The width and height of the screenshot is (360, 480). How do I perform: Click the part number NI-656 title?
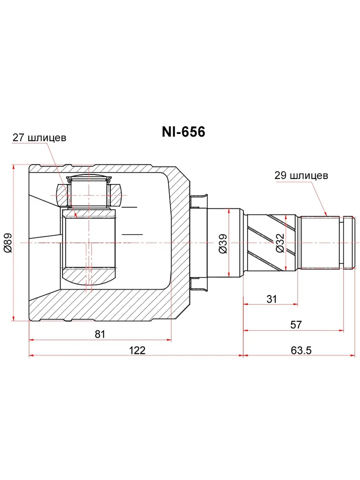tap(183, 132)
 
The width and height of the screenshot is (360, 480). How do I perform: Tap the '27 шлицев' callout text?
tap(39, 138)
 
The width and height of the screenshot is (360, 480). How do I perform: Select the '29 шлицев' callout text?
tap(301, 175)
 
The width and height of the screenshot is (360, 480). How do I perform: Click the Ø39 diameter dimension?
tap(223, 244)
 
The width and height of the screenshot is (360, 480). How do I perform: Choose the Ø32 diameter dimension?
tap(280, 243)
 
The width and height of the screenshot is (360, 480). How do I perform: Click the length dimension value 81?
tap(100, 334)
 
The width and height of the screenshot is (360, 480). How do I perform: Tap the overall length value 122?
tap(137, 350)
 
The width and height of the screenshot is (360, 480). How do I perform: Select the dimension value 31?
tap(272, 299)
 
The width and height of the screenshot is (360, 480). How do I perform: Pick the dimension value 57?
tap(296, 324)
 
